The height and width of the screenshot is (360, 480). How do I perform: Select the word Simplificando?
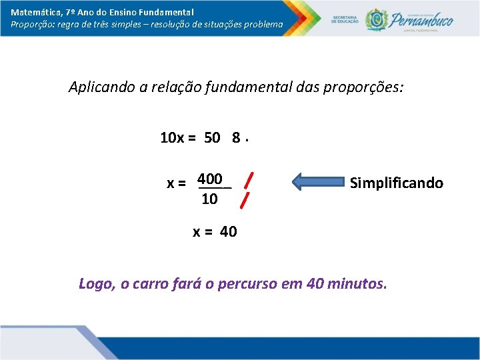point(397,183)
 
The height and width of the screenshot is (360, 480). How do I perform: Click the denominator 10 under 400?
point(209,199)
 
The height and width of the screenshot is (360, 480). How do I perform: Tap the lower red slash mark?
point(247,199)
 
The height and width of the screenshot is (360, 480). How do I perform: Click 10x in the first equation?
point(172,138)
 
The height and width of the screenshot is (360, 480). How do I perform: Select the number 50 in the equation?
point(212,138)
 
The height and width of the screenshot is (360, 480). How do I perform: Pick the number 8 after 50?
point(236,138)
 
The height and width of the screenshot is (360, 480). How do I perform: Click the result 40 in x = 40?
point(227,232)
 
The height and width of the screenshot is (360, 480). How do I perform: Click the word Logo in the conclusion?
point(96,284)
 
